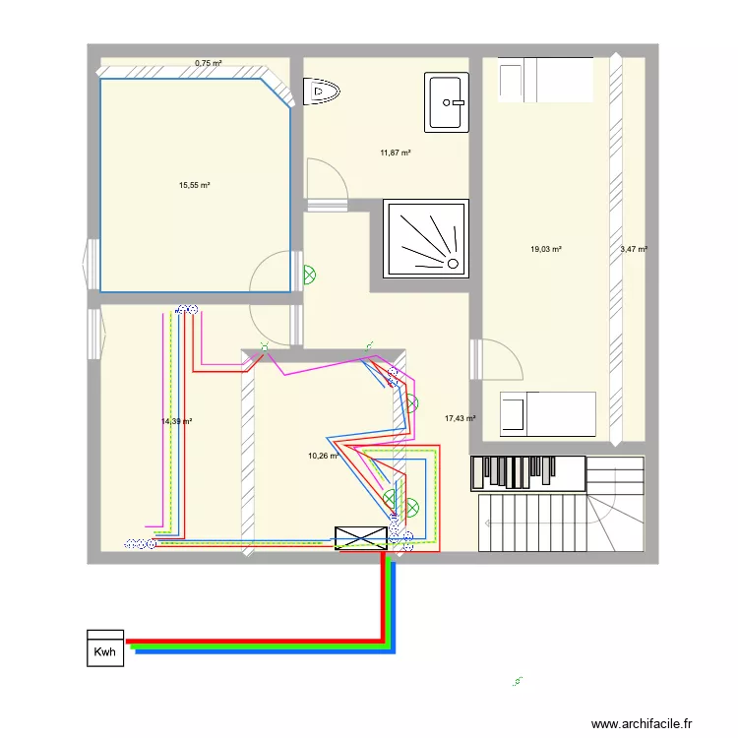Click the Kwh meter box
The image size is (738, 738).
coord(105,648)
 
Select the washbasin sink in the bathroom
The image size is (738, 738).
coord(447,100)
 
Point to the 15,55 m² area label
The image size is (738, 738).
coord(195,185)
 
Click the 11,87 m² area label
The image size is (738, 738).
coord(395,153)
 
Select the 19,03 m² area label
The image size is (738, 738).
coord(545,250)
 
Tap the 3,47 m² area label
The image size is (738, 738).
coord(634,250)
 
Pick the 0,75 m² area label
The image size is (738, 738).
coord(208,63)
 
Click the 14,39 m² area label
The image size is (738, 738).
coord(176,421)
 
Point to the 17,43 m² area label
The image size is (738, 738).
coord(460,418)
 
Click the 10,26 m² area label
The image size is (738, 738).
coord(323,456)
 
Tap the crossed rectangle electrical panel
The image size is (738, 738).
coord(361,538)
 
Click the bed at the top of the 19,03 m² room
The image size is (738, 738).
coord(545,79)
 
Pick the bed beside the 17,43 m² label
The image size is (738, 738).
coord(547,413)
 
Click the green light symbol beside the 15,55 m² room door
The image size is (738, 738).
coord(309,277)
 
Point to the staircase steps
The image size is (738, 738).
coord(531,522)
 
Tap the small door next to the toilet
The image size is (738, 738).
coord(327,183)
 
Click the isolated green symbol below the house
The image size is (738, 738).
coord(518,680)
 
